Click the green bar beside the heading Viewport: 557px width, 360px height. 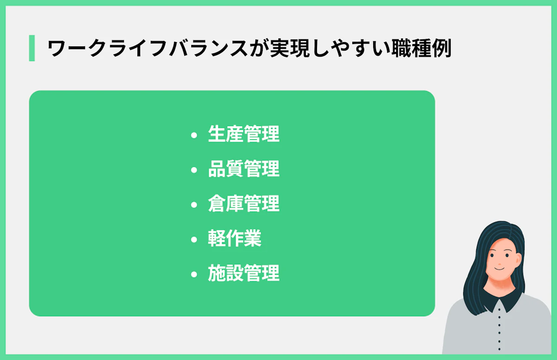click(32, 48)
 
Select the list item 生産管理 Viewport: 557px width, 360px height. click(244, 135)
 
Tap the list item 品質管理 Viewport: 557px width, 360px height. click(244, 169)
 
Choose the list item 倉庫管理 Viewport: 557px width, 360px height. click(244, 204)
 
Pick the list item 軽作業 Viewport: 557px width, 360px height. click(235, 239)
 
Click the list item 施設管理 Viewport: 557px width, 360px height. click(244, 274)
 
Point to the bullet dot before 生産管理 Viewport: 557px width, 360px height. click(194, 135)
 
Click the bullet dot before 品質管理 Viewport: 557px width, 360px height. click(194, 170)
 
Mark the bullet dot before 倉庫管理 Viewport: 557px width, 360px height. click(194, 205)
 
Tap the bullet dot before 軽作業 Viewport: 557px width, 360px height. click(194, 240)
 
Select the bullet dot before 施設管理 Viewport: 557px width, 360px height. click(194, 275)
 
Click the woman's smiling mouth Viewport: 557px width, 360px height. click(498, 269)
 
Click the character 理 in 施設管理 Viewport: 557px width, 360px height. click(271, 274)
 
